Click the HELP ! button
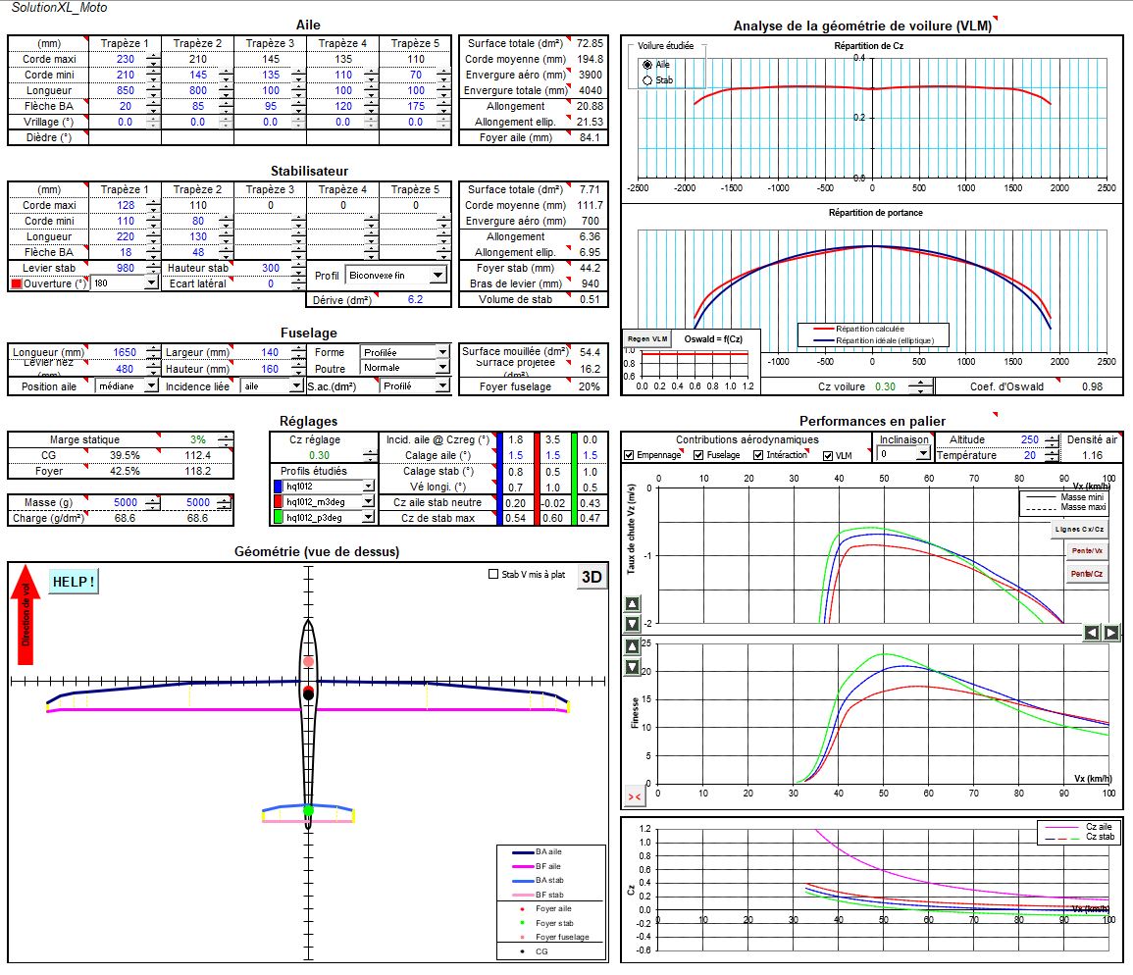(74, 581)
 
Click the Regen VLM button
(645, 339)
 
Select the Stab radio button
(647, 79)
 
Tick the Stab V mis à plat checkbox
(493, 575)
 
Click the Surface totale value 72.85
(590, 43)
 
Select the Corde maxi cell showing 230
(125, 59)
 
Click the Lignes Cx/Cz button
(1079, 530)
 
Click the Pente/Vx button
(1085, 552)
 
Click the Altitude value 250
(1028, 439)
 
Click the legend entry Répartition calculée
(869, 329)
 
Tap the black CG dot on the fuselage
(308, 693)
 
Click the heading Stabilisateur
(308, 171)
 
